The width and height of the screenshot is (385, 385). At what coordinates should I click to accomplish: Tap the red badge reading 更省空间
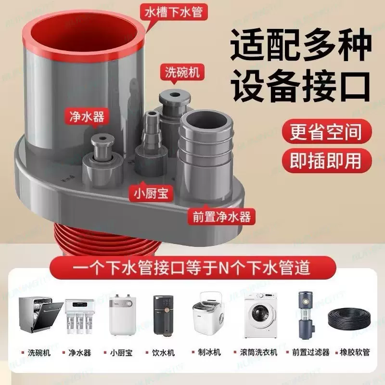[x=325, y=132]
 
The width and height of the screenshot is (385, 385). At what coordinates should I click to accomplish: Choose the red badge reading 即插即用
[x=325, y=160]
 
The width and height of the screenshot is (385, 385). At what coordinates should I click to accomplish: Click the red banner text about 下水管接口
[x=192, y=266]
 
